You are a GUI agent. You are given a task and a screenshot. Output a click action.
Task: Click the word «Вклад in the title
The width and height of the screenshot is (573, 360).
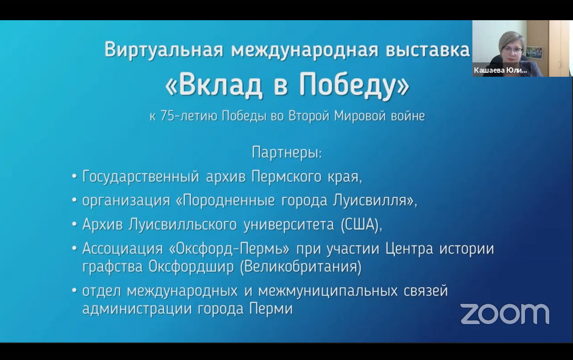click(214, 86)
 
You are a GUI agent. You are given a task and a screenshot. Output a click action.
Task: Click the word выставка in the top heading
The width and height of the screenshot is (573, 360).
click(428, 50)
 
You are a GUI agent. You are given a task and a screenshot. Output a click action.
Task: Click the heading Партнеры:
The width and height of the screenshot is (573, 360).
click(287, 153)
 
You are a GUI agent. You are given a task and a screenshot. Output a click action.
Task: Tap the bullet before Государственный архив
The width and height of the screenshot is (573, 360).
click(75, 176)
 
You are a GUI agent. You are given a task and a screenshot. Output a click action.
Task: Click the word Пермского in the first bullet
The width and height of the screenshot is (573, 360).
click(286, 177)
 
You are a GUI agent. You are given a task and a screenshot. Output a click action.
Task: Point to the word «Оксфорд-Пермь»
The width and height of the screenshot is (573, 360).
click(229, 249)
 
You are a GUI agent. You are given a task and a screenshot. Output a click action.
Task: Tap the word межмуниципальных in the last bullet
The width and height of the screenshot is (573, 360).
click(328, 291)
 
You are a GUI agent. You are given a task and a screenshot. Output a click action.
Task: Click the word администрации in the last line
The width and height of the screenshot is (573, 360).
click(137, 309)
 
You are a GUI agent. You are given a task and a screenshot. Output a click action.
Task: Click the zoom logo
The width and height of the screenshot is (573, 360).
click(505, 314)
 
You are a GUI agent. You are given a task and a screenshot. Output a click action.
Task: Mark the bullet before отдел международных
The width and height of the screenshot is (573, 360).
click(75, 290)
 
